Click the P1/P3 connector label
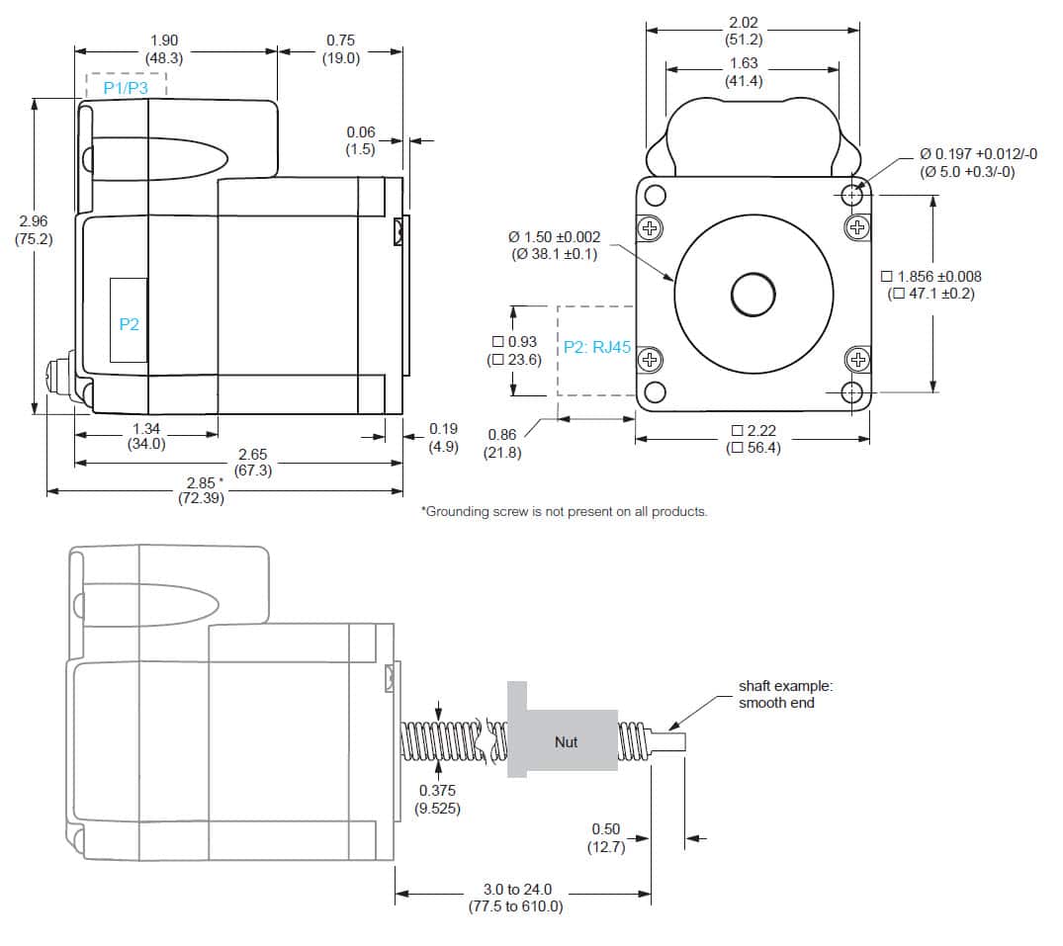pos(127,88)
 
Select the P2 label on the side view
pos(130,324)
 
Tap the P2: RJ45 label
pos(597,348)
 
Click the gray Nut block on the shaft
pos(566,741)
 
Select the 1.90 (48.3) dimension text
pos(164,49)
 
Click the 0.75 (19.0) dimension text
pos(340,49)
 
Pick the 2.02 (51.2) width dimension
pos(743,31)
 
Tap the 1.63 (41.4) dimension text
pos(743,72)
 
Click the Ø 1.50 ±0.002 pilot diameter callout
pos(554,245)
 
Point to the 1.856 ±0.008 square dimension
pos(930,285)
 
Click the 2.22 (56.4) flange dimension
pos(753,439)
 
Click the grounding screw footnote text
pos(564,511)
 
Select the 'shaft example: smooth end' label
pos(777,694)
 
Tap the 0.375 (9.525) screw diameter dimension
pos(437,799)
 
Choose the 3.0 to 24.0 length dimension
pos(515,899)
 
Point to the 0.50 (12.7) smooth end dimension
pos(606,837)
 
